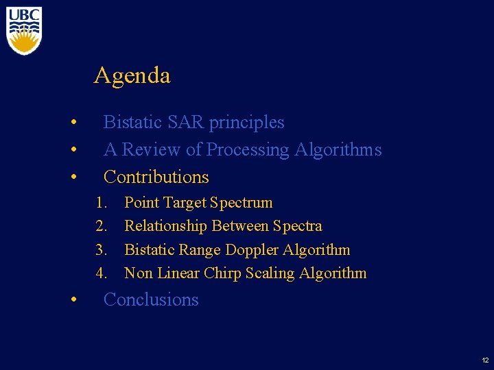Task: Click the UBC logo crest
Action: coord(24,32)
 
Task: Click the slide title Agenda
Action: coord(132,75)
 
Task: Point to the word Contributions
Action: coord(156,177)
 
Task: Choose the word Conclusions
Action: coord(150,299)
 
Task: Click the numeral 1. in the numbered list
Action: coord(102,203)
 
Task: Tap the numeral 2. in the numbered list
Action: coord(102,226)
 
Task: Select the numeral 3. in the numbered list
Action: coord(102,250)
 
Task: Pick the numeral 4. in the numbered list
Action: coord(102,273)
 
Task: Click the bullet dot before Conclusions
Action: coord(73,301)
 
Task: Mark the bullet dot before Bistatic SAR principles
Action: coord(73,123)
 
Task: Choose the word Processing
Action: coord(248,149)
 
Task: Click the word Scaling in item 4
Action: coord(274,273)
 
